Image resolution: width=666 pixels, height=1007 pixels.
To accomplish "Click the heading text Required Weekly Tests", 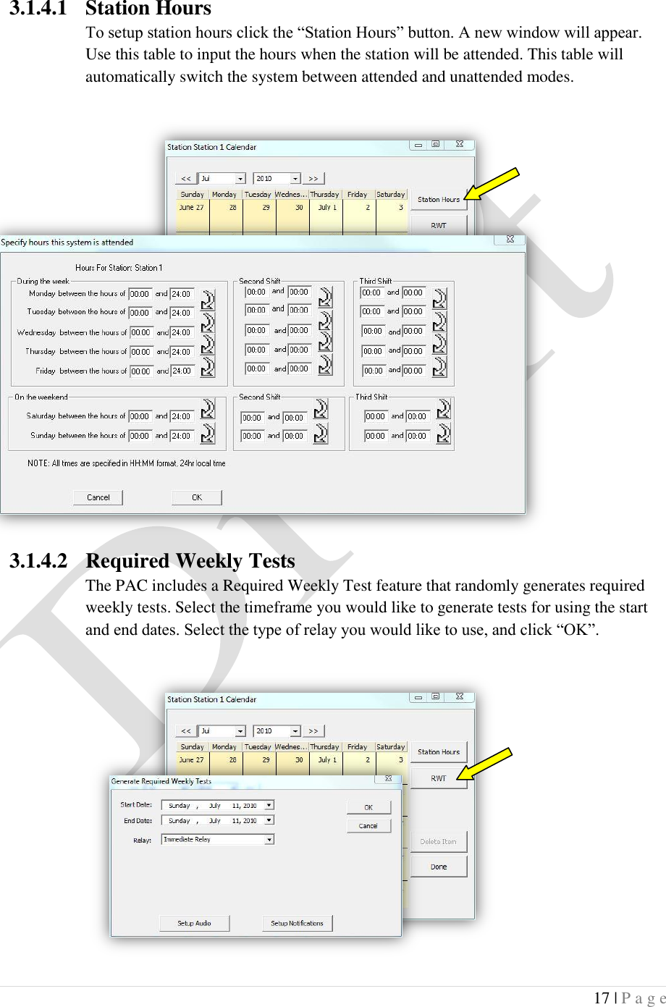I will (190, 561).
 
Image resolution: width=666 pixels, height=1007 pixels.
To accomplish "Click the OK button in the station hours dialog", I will (196, 497).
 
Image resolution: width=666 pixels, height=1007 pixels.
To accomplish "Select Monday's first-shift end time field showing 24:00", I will (181, 294).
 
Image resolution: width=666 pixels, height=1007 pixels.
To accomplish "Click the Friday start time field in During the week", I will (140, 371).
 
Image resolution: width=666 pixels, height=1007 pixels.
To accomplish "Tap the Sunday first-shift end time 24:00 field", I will (181, 436).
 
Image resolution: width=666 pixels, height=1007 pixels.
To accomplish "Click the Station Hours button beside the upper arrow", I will (438, 199).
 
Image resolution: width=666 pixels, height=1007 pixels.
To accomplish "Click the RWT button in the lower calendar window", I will (438, 778).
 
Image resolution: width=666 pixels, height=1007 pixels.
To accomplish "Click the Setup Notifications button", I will (297, 923).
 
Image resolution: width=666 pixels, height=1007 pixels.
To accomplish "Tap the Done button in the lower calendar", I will (438, 867).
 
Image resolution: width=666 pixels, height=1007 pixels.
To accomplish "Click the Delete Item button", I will (438, 841).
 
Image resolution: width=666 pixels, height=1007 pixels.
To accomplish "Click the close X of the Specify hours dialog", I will (510, 240).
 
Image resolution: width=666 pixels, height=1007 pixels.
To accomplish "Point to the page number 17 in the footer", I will (601, 998).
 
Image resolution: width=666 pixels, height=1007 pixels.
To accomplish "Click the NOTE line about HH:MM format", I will (126, 463).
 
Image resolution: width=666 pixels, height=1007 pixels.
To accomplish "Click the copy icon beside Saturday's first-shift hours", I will (208, 409).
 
